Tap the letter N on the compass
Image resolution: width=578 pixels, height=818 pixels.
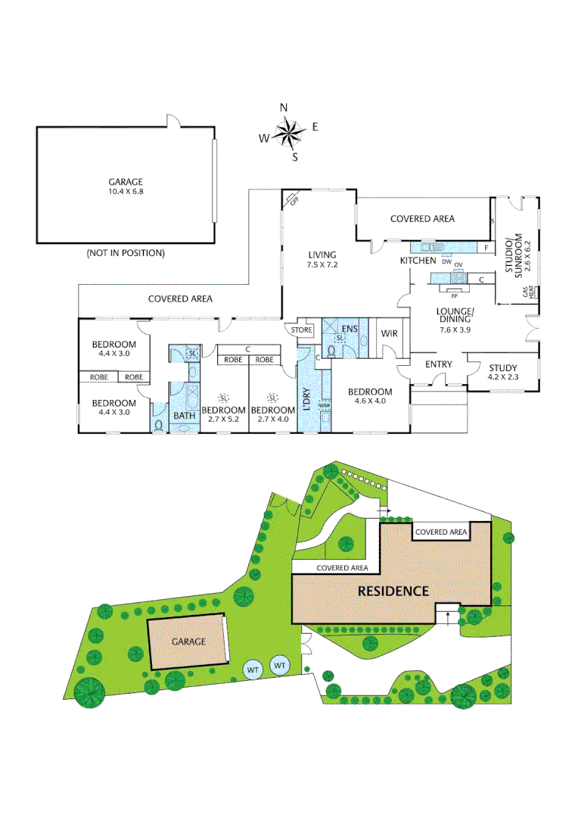[284, 108]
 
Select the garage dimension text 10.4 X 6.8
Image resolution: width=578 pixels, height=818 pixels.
[126, 192]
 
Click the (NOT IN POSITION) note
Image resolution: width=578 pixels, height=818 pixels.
[126, 253]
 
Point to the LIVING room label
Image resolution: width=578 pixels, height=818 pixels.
[322, 254]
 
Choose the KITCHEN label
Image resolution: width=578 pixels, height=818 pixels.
[418, 261]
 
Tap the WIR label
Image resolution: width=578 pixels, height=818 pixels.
[390, 333]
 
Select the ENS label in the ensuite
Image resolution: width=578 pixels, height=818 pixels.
[349, 328]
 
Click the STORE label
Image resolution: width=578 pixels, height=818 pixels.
[301, 330]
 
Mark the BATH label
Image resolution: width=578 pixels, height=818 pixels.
[185, 415]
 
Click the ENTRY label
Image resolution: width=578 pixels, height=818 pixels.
[438, 364]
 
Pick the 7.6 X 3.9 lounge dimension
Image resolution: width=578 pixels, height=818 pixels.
[455, 329]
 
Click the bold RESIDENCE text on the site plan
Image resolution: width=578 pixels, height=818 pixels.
[393, 591]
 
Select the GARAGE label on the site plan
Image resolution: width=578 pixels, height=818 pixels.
[188, 641]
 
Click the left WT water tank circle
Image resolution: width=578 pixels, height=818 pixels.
[253, 670]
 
